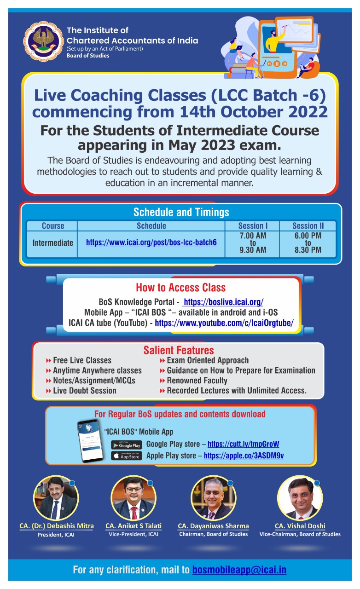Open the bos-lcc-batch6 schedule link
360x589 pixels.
click(151, 242)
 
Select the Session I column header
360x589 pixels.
click(253, 226)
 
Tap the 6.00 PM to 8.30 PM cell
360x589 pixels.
click(308, 243)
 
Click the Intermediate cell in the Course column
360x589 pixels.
click(52, 243)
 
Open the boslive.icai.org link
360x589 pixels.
click(223, 302)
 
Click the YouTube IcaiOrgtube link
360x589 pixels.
click(224, 323)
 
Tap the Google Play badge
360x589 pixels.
click(126, 445)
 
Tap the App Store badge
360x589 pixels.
click(126, 456)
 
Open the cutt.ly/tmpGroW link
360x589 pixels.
click(244, 445)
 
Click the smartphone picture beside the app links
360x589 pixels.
click(90, 440)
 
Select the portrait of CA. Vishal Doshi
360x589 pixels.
click(300, 498)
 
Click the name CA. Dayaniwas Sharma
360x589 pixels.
click(213, 526)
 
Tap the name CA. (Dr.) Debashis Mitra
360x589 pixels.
click(56, 526)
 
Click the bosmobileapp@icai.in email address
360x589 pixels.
click(239, 570)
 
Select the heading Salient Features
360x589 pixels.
click(179, 350)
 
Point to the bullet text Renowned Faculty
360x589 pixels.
click(197, 381)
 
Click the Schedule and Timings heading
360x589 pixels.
click(181, 212)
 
